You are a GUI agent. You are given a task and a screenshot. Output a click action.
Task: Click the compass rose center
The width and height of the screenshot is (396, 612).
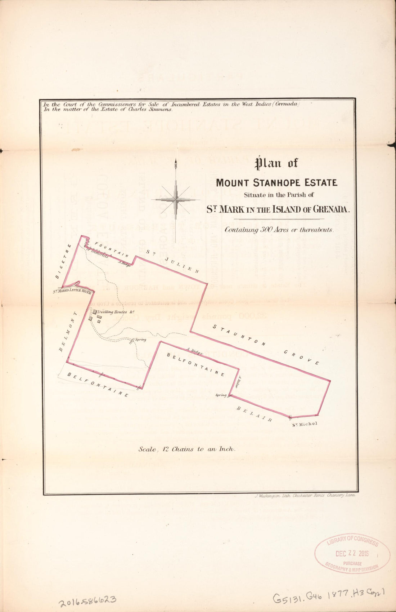(176, 199)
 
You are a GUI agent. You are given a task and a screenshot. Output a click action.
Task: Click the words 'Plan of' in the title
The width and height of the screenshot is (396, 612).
(276, 164)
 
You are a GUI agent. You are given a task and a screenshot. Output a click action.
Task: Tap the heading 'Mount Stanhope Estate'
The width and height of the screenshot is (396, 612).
(276, 183)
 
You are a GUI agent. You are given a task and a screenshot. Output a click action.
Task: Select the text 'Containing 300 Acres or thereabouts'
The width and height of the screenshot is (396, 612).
(279, 229)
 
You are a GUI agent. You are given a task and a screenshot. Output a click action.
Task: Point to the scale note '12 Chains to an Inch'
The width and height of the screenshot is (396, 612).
(187, 449)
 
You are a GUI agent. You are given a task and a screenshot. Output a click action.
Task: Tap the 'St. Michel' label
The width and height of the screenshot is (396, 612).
(305, 424)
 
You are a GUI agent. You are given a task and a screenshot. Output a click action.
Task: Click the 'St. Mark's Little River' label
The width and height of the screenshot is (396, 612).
(72, 292)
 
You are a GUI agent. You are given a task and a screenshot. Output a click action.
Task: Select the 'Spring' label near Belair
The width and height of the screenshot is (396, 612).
(221, 395)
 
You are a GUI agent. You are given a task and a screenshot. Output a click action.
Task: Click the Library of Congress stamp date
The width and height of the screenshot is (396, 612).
(352, 553)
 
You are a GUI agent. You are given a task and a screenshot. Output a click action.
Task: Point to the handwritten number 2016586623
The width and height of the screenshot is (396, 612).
(87, 600)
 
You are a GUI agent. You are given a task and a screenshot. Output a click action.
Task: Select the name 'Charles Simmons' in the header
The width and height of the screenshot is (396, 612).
(150, 110)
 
